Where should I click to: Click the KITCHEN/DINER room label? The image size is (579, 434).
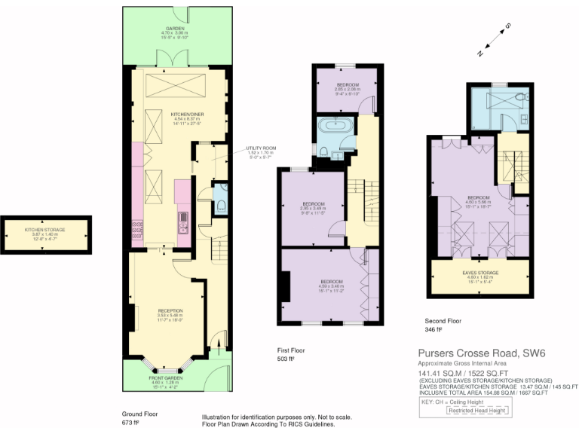pyautogui.click(x=168, y=115)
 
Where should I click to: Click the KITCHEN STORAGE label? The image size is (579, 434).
pyautogui.click(x=45, y=229)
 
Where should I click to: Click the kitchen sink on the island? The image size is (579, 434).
pyautogui.click(x=182, y=221)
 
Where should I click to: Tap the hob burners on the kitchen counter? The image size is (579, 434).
pyautogui.click(x=137, y=228)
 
